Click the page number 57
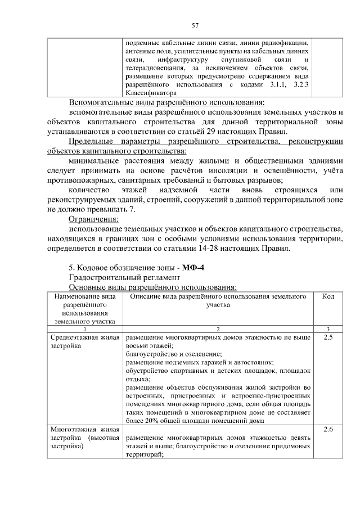(x=196, y=25)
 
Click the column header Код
(x=328, y=296)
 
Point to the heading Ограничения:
(x=93, y=219)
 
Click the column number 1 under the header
(x=85, y=328)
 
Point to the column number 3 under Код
(x=328, y=328)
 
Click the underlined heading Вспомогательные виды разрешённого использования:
(x=166, y=102)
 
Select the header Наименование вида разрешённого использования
(x=85, y=309)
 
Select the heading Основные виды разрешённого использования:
(x=152, y=287)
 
